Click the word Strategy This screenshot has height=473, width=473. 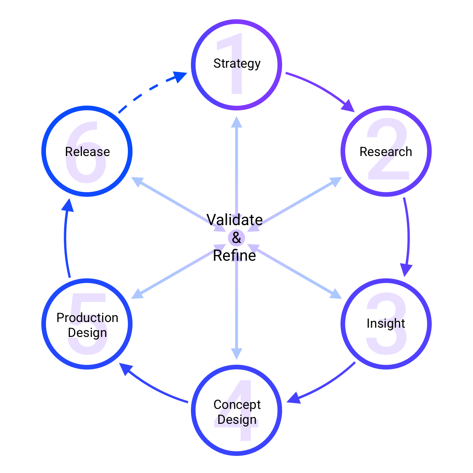click(x=237, y=64)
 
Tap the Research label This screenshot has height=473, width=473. click(x=386, y=152)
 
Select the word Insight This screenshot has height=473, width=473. click(x=386, y=323)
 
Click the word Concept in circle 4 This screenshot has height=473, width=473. click(x=237, y=405)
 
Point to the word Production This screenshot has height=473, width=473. click(x=87, y=318)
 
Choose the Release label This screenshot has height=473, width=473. click(x=87, y=152)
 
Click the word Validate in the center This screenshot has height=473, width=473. click(x=234, y=220)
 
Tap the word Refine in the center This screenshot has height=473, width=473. click(x=234, y=256)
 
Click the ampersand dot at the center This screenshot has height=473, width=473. click(x=236, y=238)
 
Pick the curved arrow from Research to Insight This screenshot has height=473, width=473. click(x=408, y=235)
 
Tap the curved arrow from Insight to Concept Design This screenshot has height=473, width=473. click(x=324, y=385)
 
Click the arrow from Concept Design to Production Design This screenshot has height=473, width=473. click(x=153, y=388)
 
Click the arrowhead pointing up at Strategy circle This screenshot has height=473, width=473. click(x=236, y=122)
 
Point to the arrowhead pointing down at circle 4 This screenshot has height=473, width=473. click(x=236, y=353)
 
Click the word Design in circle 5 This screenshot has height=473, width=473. click(x=87, y=333)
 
